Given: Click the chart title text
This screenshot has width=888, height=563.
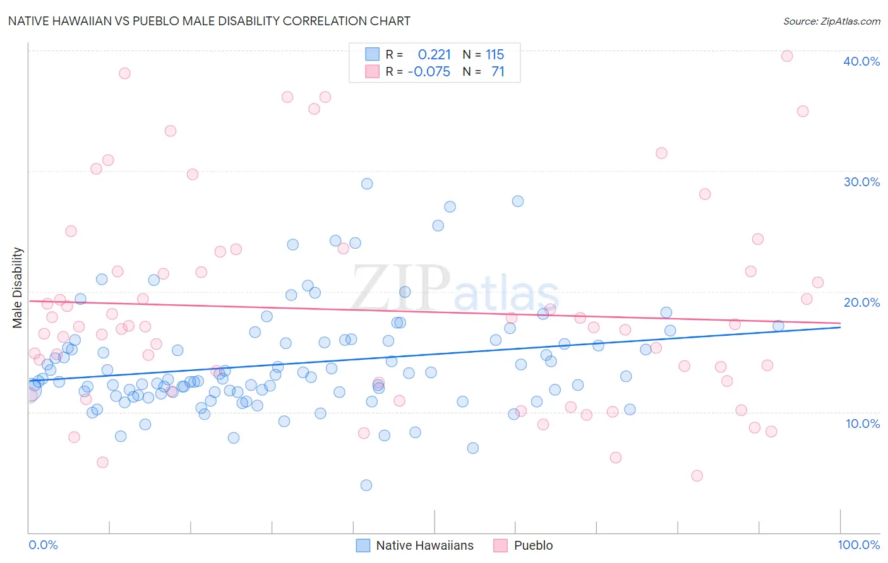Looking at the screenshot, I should (209, 21).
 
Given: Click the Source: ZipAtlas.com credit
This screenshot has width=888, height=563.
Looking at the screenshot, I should (831, 21).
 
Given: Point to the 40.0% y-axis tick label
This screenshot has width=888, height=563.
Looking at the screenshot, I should (861, 61).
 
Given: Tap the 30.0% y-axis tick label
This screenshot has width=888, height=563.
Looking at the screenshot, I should (861, 182).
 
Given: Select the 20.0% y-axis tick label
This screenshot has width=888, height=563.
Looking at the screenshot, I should (861, 302).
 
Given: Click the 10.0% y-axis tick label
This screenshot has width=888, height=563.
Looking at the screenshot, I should (861, 424).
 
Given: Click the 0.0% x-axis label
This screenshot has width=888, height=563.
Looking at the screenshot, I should (43, 545).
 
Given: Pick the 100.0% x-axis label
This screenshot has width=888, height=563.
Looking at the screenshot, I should (858, 545).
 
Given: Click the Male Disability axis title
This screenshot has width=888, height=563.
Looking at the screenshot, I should (18, 287).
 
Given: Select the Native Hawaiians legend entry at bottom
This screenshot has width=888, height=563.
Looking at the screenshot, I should (424, 545).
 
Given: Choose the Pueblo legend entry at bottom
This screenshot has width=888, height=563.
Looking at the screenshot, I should (532, 545).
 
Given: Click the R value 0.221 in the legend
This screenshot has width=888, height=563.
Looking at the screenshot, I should (434, 55).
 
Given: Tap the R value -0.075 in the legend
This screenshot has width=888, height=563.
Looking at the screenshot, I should (429, 72).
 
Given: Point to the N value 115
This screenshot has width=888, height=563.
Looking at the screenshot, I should (495, 55).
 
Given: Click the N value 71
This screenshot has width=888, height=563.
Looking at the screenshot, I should (498, 72).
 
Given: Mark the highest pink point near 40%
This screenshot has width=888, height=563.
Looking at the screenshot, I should (787, 56).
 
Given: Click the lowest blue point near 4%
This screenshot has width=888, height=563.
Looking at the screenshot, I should (366, 485).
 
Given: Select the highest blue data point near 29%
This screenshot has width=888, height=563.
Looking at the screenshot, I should (367, 184).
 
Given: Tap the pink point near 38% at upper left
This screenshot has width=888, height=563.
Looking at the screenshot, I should (124, 73).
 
